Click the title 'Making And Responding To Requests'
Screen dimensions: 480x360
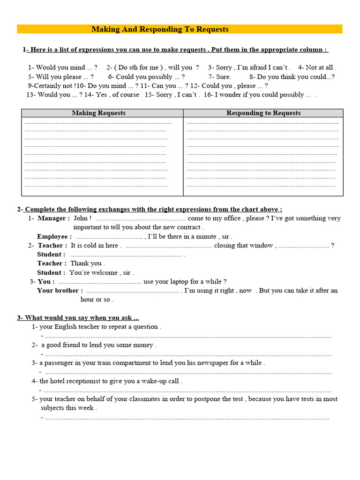point(160,29)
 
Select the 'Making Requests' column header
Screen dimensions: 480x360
point(98,113)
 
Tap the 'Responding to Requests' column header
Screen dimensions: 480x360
point(263,113)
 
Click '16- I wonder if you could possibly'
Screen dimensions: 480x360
point(257,95)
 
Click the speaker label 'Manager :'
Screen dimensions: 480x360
point(54,218)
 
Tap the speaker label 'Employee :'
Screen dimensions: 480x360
point(54,237)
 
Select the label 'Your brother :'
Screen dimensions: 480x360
point(60,291)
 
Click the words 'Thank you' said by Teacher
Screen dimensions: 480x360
point(86,263)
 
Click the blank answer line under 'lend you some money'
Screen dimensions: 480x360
point(187,354)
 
